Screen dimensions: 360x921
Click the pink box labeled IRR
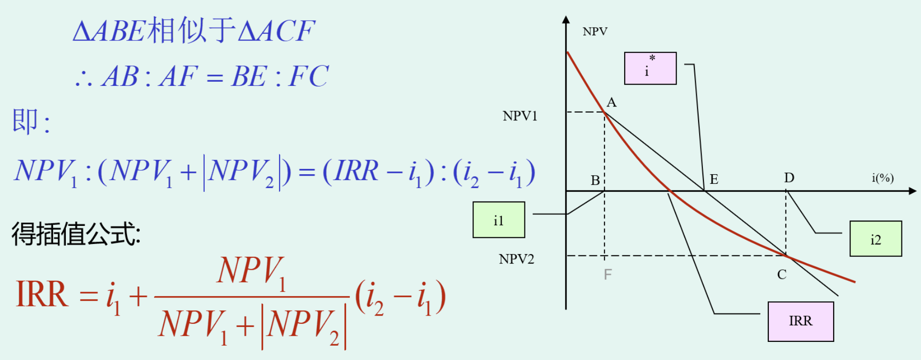click(x=800, y=321)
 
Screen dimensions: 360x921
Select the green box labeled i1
click(x=499, y=220)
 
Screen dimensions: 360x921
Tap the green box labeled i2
click(x=875, y=239)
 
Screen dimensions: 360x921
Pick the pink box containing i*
click(x=650, y=68)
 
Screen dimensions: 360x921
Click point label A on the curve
click(x=611, y=102)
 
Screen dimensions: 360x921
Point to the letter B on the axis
click(x=595, y=180)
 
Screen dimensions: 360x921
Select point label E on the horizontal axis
click(x=714, y=180)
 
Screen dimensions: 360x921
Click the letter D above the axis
click(x=789, y=178)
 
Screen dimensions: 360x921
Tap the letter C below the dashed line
click(x=782, y=275)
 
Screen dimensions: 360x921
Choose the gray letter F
click(x=607, y=275)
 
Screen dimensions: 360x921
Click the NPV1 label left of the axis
click(x=520, y=116)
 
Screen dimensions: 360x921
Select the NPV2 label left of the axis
click(x=516, y=259)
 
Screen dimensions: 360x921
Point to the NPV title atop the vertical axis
click(x=595, y=32)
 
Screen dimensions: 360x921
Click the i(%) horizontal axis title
click(x=882, y=178)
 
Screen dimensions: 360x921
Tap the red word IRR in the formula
click(x=42, y=294)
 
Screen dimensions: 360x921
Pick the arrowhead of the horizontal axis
click(x=912, y=191)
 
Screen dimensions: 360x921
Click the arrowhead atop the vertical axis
click(x=566, y=20)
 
